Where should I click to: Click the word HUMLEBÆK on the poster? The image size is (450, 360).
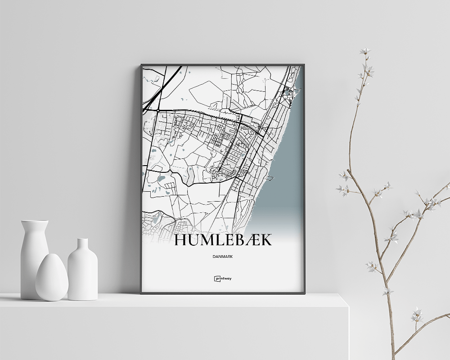coord(223,240)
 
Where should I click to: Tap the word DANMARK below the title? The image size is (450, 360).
coord(223,256)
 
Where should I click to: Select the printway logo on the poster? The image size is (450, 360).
coord(223,279)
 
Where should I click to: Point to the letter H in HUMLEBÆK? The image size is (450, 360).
coord(181,240)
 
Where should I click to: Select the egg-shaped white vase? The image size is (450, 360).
coord(52,278)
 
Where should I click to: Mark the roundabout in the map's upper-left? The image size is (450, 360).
coord(158,110)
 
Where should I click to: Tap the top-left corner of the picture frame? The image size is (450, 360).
coord(142,65)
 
